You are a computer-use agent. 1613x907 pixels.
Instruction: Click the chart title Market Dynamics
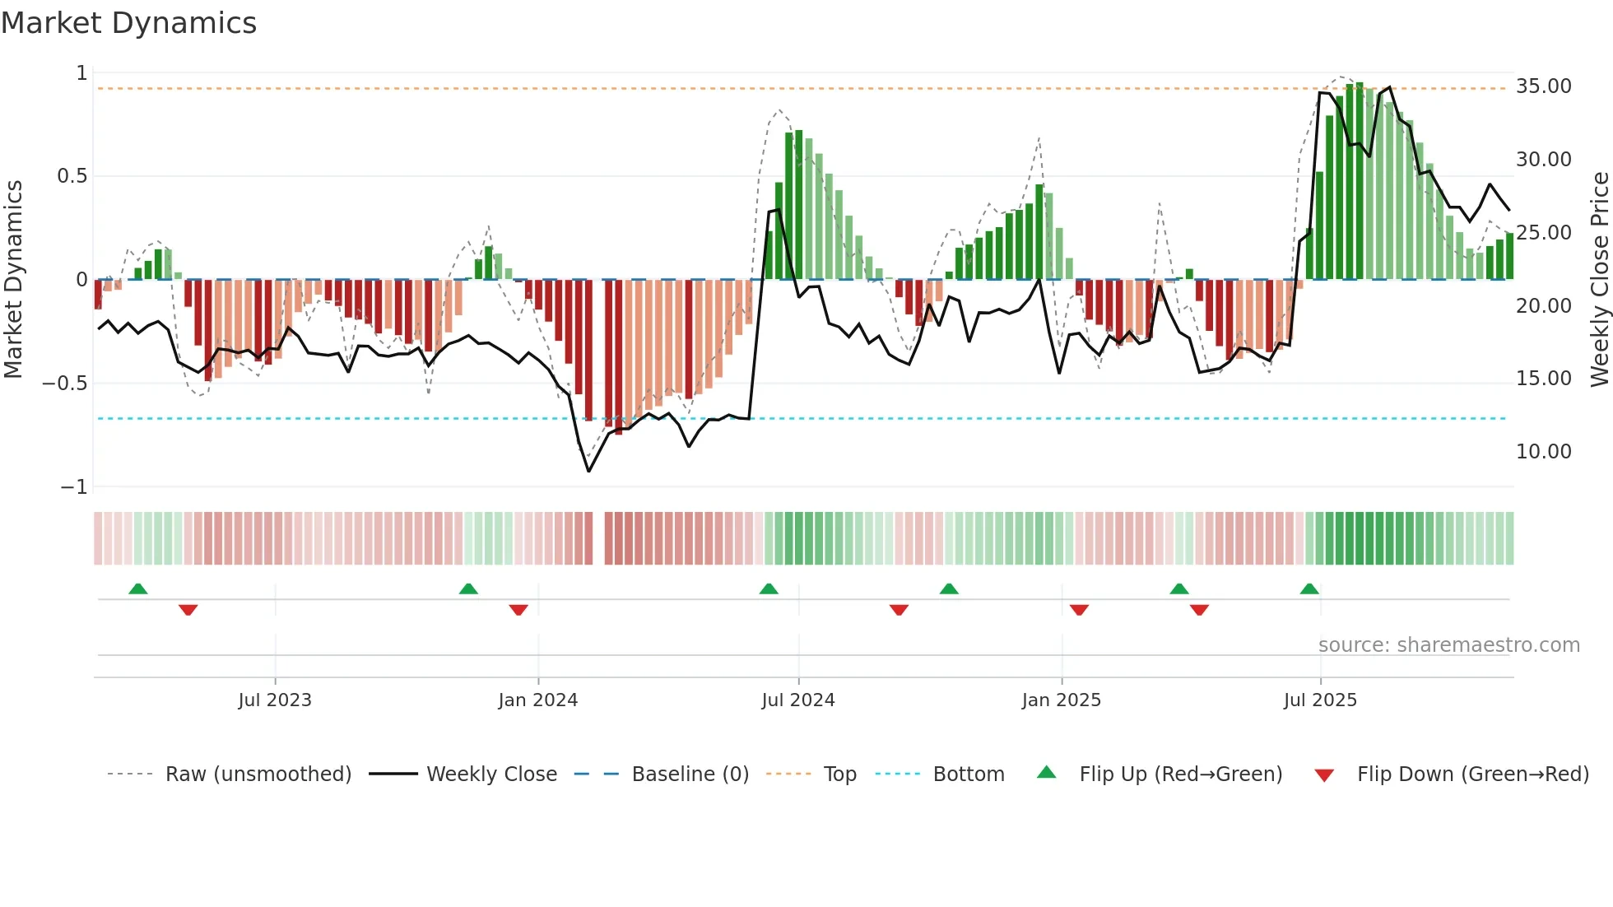coord(128,23)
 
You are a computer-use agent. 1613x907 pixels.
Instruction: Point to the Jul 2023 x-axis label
coord(275,700)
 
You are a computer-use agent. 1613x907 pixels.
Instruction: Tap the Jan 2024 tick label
coord(538,700)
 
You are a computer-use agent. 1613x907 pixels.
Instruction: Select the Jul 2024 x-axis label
coord(798,700)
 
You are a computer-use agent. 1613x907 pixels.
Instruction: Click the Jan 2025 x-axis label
coord(1062,700)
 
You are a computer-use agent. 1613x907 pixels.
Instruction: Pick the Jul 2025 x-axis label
coord(1320,700)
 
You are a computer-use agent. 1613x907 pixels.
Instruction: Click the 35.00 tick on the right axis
coord(1544,86)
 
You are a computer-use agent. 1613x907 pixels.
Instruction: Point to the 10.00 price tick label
coord(1544,452)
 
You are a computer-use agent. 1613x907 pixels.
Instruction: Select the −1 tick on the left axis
coord(74,487)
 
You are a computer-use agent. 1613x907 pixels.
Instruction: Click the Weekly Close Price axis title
coord(1599,280)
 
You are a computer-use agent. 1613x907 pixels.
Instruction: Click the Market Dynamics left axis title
coord(13,280)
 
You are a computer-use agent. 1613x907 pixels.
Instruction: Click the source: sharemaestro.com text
coord(1448,645)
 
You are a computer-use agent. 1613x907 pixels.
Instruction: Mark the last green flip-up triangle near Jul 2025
coord(1309,589)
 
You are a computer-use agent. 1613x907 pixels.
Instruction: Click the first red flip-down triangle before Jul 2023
coord(188,610)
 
